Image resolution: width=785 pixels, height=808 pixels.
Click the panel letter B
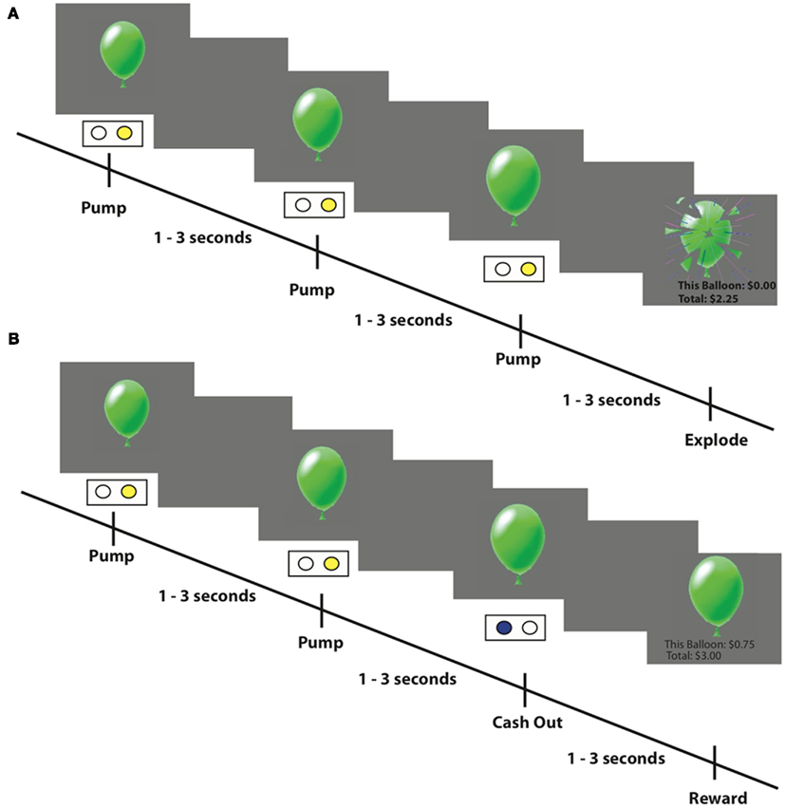12,338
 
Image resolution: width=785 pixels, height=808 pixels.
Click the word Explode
716,441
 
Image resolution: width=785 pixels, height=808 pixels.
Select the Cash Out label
527,723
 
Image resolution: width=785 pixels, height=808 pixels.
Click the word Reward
718,798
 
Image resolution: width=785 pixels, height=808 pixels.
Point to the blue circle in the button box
504,627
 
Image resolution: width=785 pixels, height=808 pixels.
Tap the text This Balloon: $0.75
709,644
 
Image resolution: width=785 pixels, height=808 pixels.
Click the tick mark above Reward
715,762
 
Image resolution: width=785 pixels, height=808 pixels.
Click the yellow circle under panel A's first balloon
124,134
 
